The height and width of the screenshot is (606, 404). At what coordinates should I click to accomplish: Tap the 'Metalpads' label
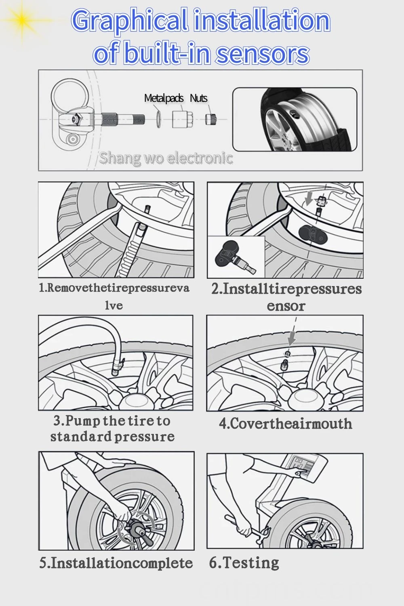(164, 98)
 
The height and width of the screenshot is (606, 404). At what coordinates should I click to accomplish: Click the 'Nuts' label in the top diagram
(198, 98)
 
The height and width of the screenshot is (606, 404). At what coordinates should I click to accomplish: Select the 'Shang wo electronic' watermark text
(166, 158)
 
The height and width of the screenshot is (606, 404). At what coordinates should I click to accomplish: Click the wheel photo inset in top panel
(295, 120)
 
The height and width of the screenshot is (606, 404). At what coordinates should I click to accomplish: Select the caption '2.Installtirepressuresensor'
(286, 297)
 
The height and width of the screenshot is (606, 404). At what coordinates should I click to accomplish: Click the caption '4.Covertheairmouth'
(285, 424)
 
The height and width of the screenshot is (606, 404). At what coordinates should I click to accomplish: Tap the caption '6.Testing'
(244, 562)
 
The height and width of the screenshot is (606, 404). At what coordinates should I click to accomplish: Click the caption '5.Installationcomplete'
(116, 563)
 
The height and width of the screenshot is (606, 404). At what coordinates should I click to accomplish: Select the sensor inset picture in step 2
(236, 257)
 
